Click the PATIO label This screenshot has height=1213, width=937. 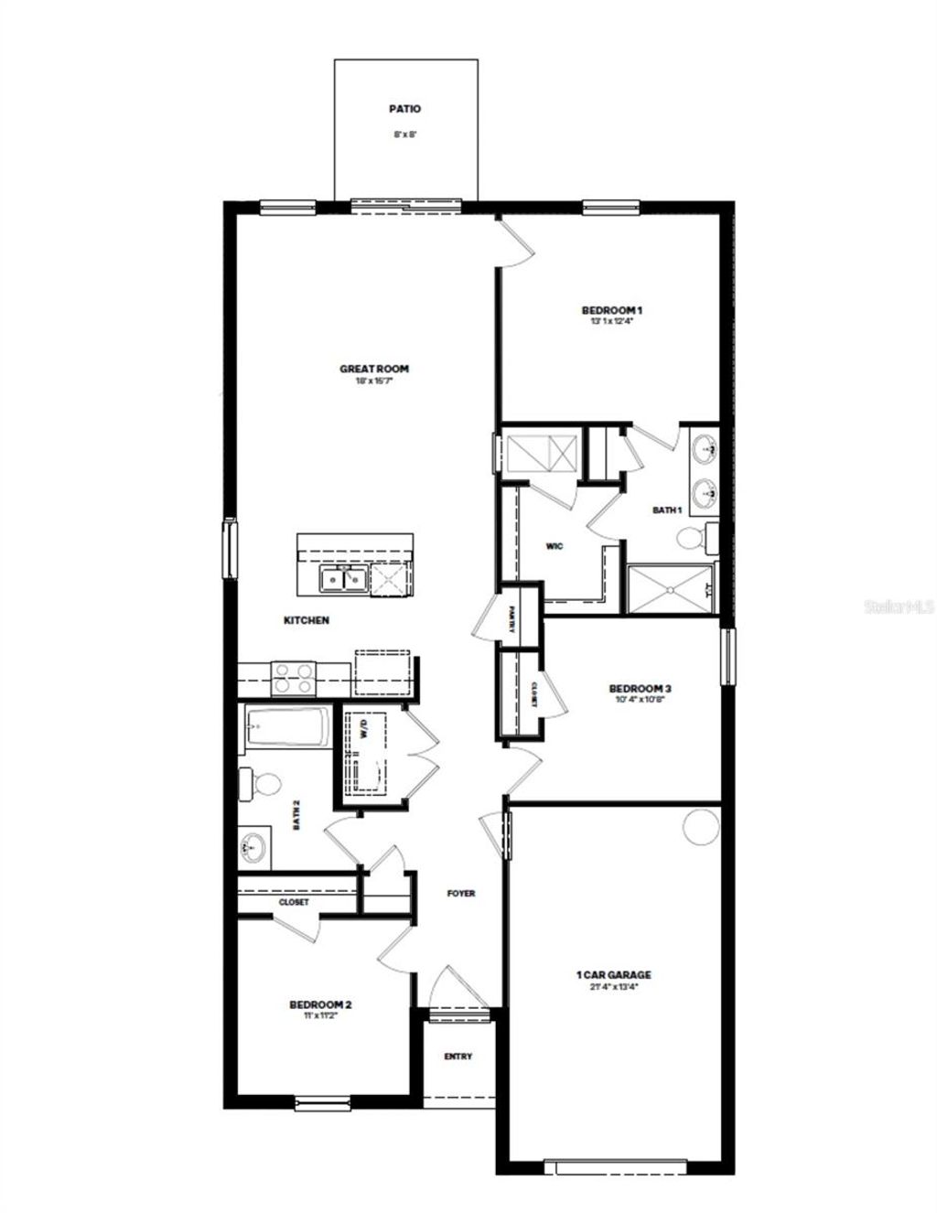tap(404, 109)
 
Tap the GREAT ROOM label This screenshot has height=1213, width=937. tap(374, 370)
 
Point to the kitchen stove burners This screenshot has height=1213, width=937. tap(294, 678)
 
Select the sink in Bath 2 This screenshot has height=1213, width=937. tap(253, 847)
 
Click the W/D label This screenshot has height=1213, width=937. tap(363, 730)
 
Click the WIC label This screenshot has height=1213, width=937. tap(555, 546)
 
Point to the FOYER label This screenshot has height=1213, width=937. tap(461, 893)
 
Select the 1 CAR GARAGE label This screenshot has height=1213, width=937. tap(613, 975)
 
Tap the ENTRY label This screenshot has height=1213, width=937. tap(458, 1057)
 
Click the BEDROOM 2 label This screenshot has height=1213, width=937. tap(320, 1004)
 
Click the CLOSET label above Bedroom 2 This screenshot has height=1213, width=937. tap(294, 902)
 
